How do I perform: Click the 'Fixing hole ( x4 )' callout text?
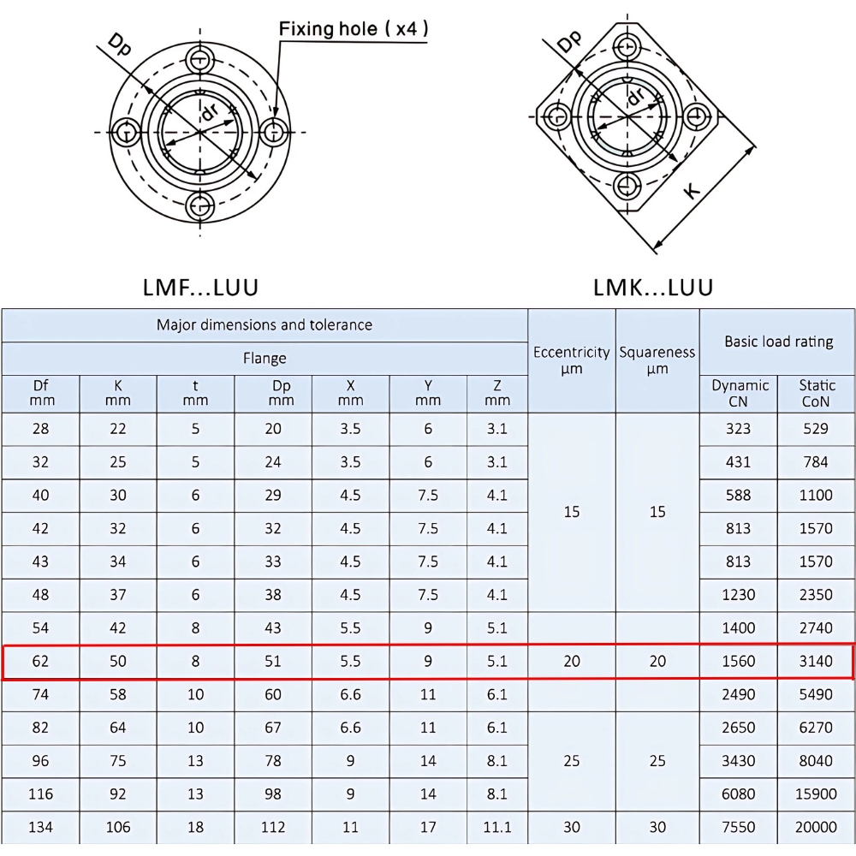tap(354, 29)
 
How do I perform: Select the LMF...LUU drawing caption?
tap(200, 287)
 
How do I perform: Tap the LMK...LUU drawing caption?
tap(653, 287)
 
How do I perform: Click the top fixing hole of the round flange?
tap(201, 58)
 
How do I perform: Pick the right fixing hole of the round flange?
tap(274, 132)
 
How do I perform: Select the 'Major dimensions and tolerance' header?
tap(264, 325)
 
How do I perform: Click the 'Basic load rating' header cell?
tap(777, 342)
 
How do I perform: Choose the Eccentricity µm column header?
tap(571, 360)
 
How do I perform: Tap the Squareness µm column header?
tap(657, 360)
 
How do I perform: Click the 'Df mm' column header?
tap(40, 393)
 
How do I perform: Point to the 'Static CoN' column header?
tap(816, 393)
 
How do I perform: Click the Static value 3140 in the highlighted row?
tap(816, 661)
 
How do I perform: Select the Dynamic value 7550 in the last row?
tap(738, 827)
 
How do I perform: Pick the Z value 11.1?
tap(496, 827)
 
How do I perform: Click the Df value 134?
tap(40, 827)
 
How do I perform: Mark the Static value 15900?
tap(816, 794)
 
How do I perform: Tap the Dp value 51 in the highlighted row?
tap(273, 661)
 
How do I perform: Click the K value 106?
tap(118, 827)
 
